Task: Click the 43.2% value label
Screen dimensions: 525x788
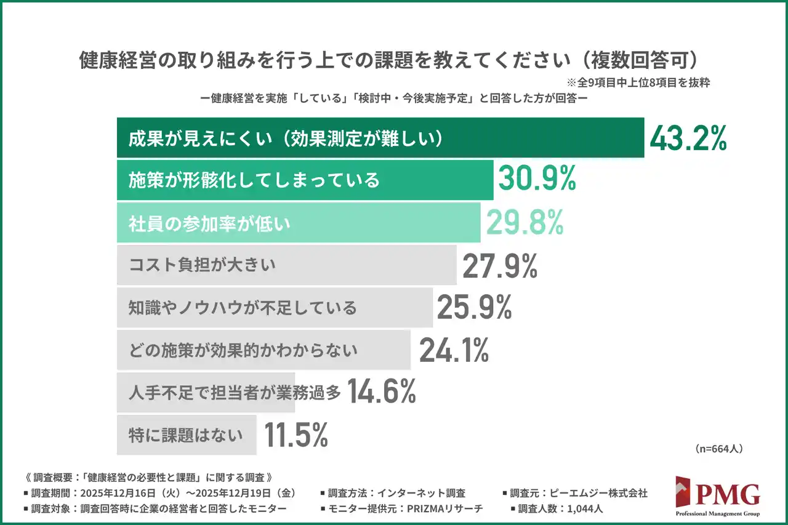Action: point(688,138)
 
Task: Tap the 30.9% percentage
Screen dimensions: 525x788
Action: point(536,180)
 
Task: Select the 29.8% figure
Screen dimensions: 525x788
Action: point(525,222)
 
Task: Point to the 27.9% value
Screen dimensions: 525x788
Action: point(500,265)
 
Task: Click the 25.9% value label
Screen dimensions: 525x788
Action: point(474,307)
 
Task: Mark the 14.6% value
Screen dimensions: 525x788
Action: point(382,391)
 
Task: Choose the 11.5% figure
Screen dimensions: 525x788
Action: point(295,435)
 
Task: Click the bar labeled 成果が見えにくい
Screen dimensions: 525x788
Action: point(380,138)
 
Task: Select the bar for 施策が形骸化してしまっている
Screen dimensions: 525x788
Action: point(305,180)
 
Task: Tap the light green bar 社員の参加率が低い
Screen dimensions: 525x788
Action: point(299,222)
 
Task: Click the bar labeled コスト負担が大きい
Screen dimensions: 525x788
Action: point(286,265)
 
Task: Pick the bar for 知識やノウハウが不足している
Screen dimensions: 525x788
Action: point(275,307)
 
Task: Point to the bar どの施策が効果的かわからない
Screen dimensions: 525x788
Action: point(263,350)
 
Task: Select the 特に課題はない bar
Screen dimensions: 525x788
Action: point(186,435)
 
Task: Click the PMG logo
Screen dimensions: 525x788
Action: point(717,495)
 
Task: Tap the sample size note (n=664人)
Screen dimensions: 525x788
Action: point(719,449)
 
